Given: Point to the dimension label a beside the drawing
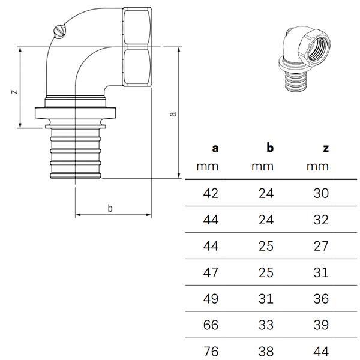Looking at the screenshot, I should point(173,113).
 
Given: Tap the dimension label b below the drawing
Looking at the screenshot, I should point(110,208).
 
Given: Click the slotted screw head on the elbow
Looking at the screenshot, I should point(58,29).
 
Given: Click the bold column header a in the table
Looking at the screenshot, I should point(215,148).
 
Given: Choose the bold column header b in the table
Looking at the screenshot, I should point(270,148).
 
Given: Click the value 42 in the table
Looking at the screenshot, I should point(212,193).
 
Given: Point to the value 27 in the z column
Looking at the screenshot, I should point(322,245).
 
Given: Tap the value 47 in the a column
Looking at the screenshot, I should point(212,272).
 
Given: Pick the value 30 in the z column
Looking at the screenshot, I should point(322,193).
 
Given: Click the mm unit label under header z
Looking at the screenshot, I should point(318,166).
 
